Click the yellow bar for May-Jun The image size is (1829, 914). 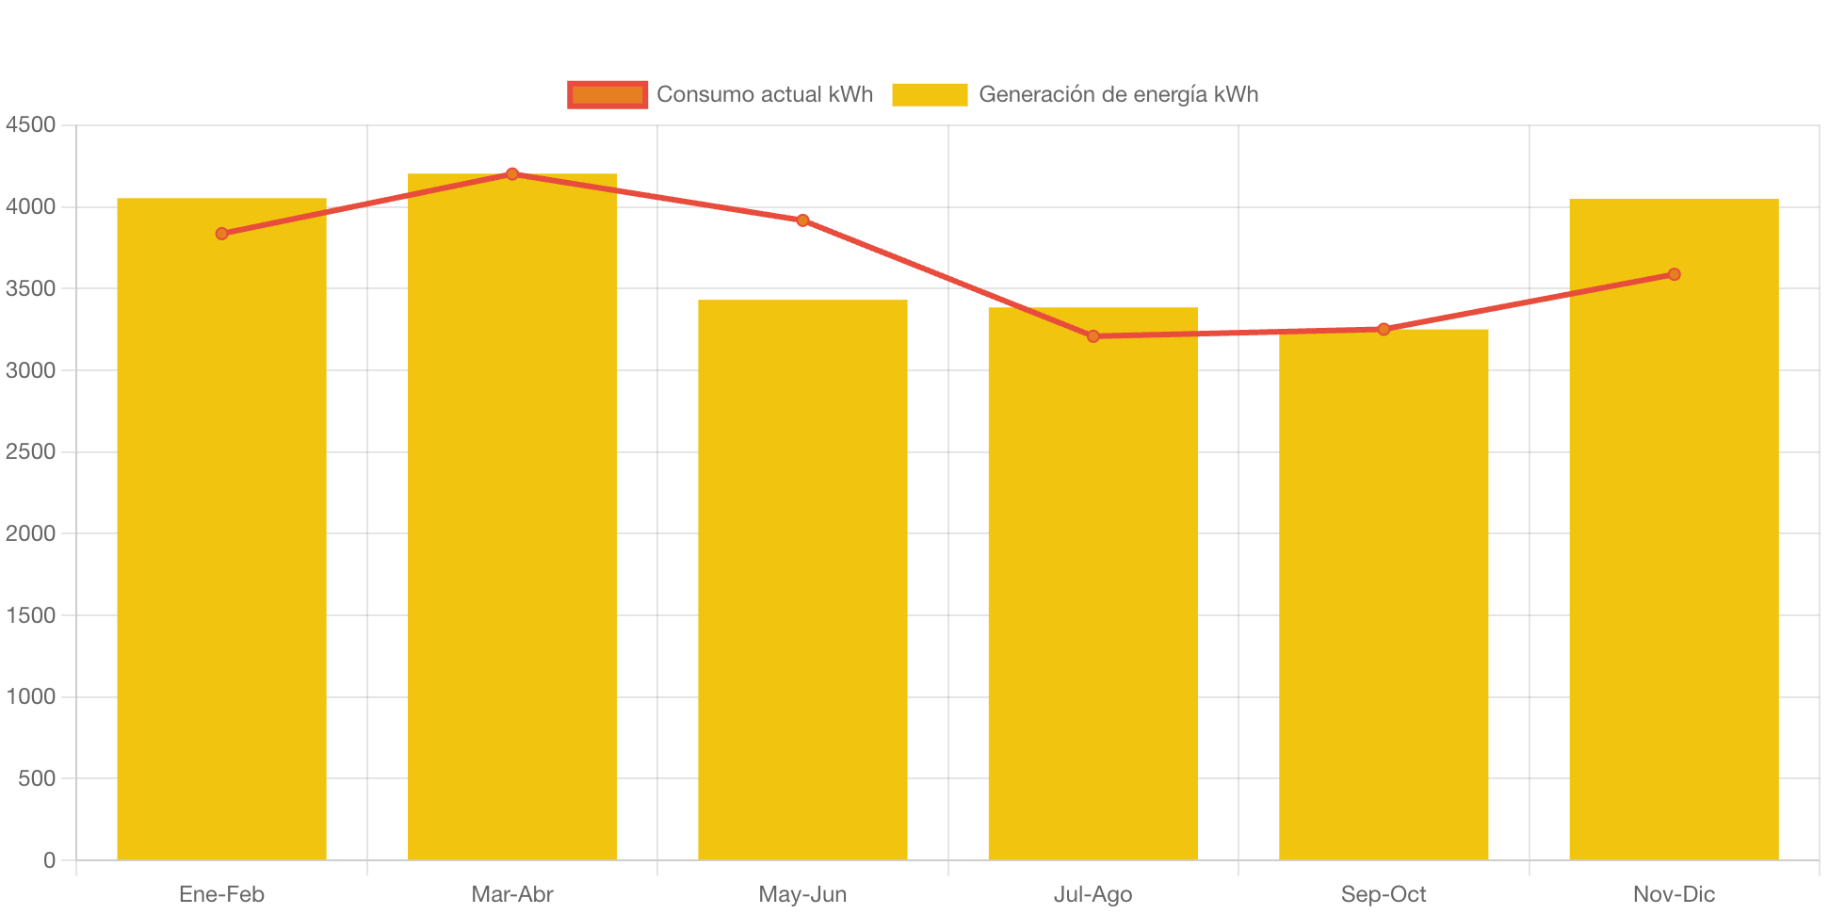(x=802, y=579)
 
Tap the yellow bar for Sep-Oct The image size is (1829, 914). (x=1384, y=594)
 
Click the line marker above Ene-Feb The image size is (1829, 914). (x=221, y=234)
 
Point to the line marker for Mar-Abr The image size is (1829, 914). (x=512, y=173)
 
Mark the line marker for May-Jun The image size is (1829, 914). (x=802, y=220)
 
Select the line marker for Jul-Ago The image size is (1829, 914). (x=1093, y=336)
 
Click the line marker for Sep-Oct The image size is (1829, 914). (x=1384, y=329)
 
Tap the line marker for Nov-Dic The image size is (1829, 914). (x=1674, y=274)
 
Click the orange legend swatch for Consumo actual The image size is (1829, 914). (x=607, y=94)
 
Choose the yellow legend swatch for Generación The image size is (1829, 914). (x=930, y=94)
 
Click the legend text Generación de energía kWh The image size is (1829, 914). (x=1118, y=94)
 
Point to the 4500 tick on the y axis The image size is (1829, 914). (x=30, y=124)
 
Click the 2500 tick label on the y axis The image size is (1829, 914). (x=30, y=451)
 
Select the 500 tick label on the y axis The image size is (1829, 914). (x=36, y=778)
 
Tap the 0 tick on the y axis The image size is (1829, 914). (x=49, y=860)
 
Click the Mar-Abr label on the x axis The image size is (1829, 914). (x=512, y=894)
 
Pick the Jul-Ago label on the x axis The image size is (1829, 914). (x=1093, y=894)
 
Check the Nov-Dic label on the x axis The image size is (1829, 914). (x=1674, y=894)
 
